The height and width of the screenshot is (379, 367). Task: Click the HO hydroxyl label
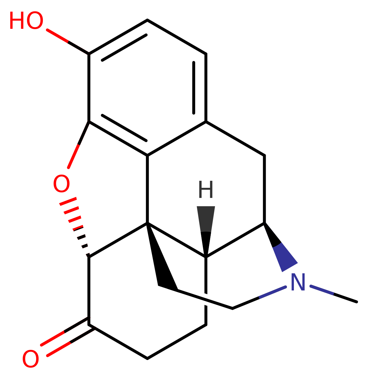26,21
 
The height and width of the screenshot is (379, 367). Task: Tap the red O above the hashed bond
61,184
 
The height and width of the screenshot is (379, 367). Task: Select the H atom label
206,189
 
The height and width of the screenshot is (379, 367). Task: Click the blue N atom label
298,282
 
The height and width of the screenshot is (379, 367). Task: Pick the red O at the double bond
31,359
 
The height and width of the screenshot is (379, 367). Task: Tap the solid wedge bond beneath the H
206,227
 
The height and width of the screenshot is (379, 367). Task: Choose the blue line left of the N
272,292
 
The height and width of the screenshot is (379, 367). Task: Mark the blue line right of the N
322,290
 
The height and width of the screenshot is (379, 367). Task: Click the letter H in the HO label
17,21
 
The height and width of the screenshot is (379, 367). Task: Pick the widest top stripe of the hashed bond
68,201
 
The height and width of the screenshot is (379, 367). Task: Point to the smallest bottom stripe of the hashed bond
88,255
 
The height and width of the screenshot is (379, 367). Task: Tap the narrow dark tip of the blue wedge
266,226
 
